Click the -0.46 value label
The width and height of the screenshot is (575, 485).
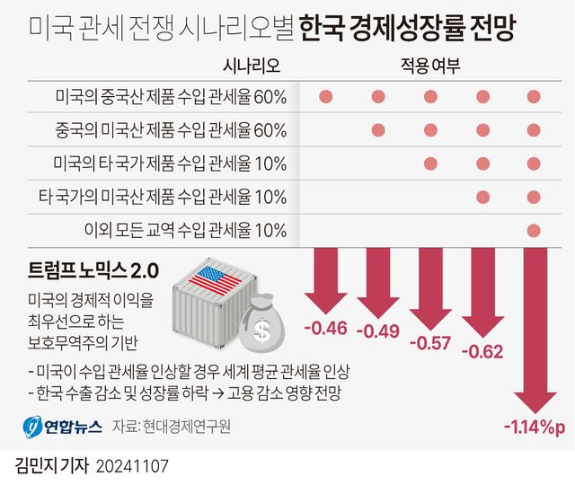(x=326, y=327)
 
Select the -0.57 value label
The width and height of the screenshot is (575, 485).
(x=430, y=342)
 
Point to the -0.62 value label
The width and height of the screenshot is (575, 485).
(x=482, y=351)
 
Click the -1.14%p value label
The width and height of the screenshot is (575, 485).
(x=534, y=427)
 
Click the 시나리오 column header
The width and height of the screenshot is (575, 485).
(x=252, y=66)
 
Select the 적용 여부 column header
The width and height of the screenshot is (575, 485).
(x=429, y=66)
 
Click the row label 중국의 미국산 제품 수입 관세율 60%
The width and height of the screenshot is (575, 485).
(x=171, y=130)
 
